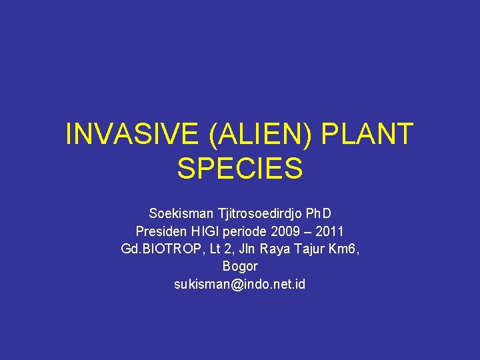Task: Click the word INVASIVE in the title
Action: [x=132, y=135]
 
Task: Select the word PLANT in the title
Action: [x=367, y=135]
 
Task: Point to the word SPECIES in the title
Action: [x=240, y=169]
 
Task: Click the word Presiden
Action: [x=161, y=231]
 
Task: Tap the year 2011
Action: [x=330, y=231]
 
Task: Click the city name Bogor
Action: [x=240, y=266]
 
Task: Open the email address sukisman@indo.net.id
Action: [x=240, y=283]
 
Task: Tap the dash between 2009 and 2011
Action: [x=309, y=231]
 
